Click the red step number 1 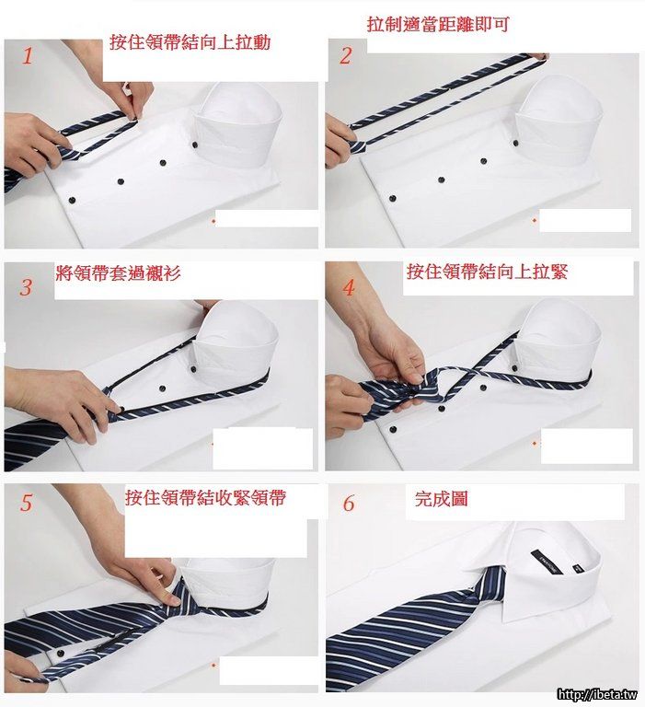(x=28, y=56)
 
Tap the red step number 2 (x=346, y=56)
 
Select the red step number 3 (x=26, y=287)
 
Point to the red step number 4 (x=349, y=287)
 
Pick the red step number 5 (x=27, y=503)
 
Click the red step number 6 (x=349, y=503)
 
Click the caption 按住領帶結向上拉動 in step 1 (x=190, y=42)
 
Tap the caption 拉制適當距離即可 (x=438, y=24)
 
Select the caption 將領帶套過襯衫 (x=118, y=272)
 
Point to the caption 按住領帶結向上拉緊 (x=487, y=272)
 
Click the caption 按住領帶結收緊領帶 (x=205, y=497)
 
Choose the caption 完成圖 (x=441, y=499)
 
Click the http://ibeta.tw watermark (x=597, y=694)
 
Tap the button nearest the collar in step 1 (x=195, y=145)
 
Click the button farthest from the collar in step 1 (x=71, y=200)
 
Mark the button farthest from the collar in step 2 (x=392, y=199)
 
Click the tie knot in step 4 (x=421, y=387)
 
